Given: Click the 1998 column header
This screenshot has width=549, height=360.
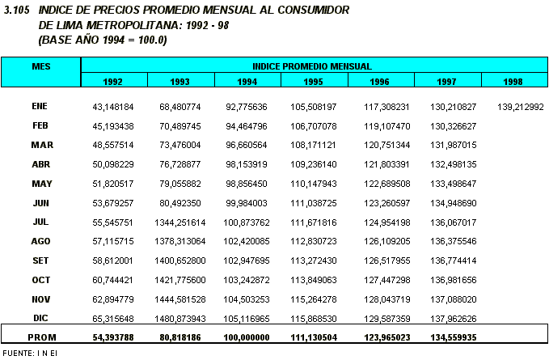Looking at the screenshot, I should (513, 81).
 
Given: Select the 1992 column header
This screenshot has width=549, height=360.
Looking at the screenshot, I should (113, 81).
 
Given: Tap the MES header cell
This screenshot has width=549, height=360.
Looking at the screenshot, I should (40, 66).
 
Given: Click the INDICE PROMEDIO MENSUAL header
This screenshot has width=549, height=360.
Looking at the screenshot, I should (312, 66).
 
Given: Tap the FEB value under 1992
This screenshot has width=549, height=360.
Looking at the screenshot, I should (113, 126).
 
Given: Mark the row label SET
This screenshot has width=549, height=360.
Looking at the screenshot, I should (41, 260).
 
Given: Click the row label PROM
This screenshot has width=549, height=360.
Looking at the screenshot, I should (41, 336).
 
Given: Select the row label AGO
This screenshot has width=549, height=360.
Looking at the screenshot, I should (41, 241).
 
